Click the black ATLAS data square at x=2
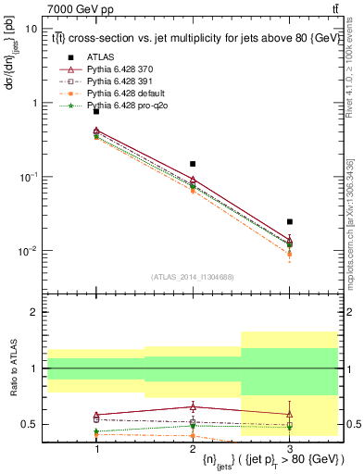pos(193,164)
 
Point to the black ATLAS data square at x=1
pos(96,111)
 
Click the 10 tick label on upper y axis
pos(31,29)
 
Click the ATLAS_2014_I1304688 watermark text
pos(193,277)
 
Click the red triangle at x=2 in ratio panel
pos(193,406)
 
